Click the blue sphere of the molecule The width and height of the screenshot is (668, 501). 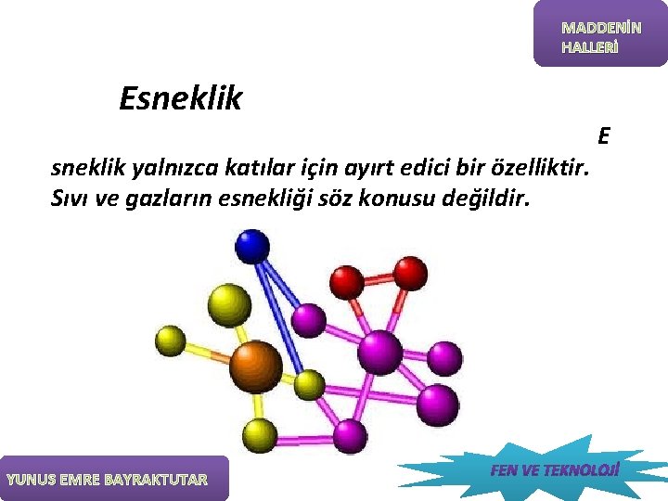coord(251,246)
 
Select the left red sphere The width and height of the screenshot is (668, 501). coord(347,280)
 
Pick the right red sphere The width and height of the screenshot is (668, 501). coord(409,273)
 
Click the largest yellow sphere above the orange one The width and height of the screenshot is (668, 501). coord(228,304)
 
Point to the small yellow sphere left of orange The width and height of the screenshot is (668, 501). coord(170,340)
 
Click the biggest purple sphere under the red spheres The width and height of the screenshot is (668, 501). coord(380,352)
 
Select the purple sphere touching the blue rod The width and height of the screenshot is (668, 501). coord(308,320)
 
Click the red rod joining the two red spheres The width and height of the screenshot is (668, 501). coord(379,276)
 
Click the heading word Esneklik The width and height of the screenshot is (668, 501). coord(180,98)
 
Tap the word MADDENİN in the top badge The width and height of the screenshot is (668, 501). coord(600,29)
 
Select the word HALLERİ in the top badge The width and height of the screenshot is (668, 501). coord(588,47)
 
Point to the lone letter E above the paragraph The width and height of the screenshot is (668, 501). coord(603,136)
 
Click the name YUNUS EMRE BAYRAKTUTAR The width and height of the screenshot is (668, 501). coord(108,480)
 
